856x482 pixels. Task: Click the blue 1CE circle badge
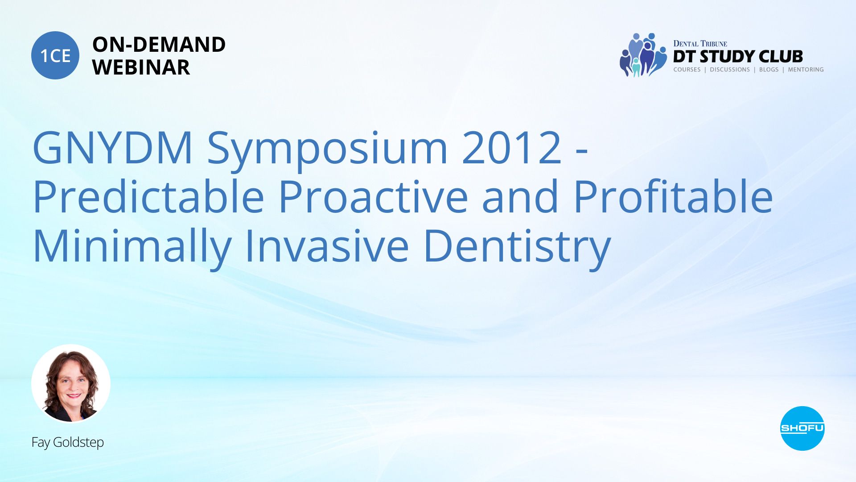pos(55,55)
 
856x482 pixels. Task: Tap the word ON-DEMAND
pos(159,45)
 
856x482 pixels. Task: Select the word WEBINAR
pos(141,67)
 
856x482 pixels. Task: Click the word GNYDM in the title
pos(113,148)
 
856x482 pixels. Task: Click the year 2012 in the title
pos(512,148)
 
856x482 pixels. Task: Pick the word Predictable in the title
pos(149,197)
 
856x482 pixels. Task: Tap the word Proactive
pos(374,197)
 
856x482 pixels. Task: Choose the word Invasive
pos(327,245)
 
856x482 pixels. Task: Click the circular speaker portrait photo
pos(71,383)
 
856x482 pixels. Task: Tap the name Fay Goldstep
pos(68,442)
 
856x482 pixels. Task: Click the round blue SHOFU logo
pos(802,428)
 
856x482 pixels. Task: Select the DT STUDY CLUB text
pos(738,57)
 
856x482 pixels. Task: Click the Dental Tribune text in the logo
pos(700,43)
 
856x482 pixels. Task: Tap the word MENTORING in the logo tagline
pos(806,70)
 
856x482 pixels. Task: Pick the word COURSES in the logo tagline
pos(687,70)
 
